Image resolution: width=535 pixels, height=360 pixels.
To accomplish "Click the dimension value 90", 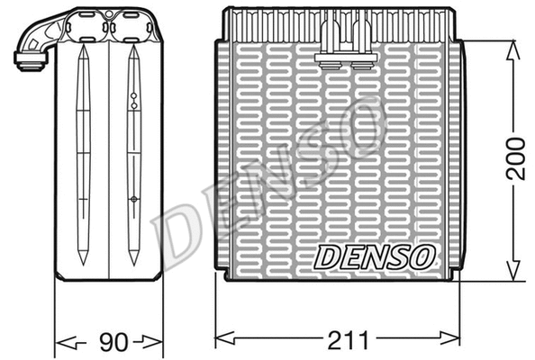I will (109, 342).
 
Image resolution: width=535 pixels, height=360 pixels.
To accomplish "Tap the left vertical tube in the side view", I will (83, 153).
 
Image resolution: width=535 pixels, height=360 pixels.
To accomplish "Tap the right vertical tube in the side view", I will (133, 153).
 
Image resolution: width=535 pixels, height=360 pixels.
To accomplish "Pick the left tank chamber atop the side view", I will (87, 27).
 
